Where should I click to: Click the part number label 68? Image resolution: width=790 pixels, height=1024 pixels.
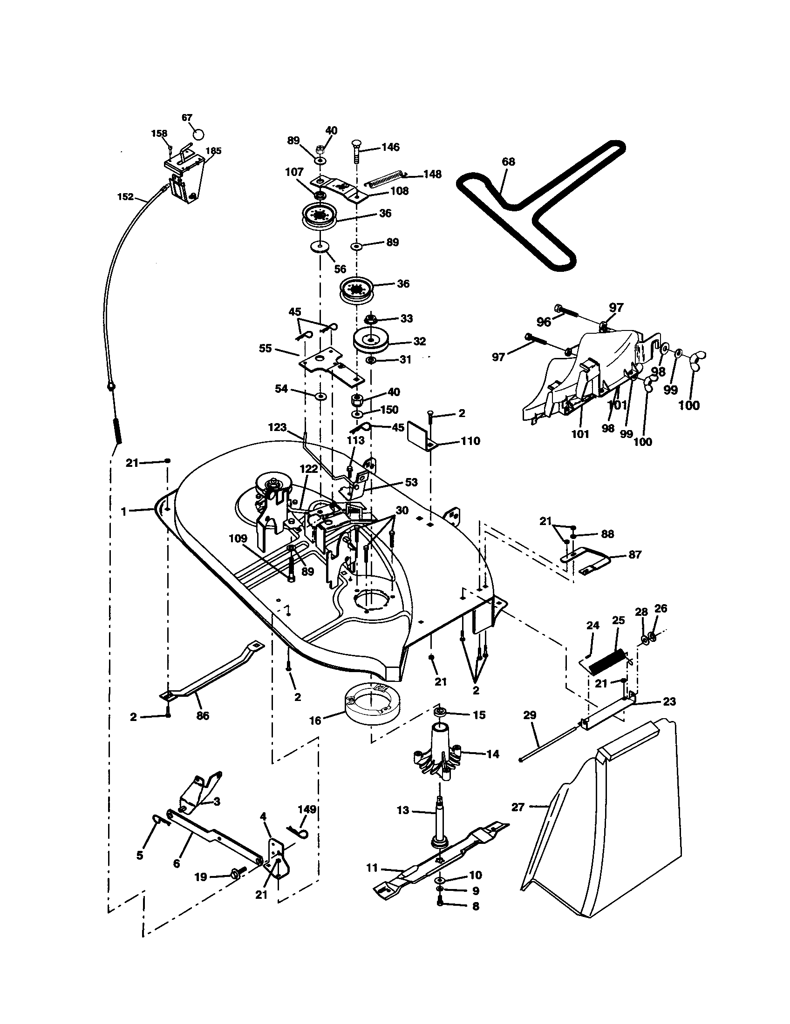[508, 162]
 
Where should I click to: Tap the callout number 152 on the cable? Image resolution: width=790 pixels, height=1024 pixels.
[125, 197]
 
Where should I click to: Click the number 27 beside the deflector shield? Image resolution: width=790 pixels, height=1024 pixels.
[518, 808]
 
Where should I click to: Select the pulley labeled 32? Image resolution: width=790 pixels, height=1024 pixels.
[371, 341]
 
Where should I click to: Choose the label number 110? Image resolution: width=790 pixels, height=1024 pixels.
[470, 441]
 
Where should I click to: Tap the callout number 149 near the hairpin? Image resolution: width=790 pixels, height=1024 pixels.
[307, 809]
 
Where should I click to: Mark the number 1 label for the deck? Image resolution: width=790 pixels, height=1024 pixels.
[123, 512]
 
